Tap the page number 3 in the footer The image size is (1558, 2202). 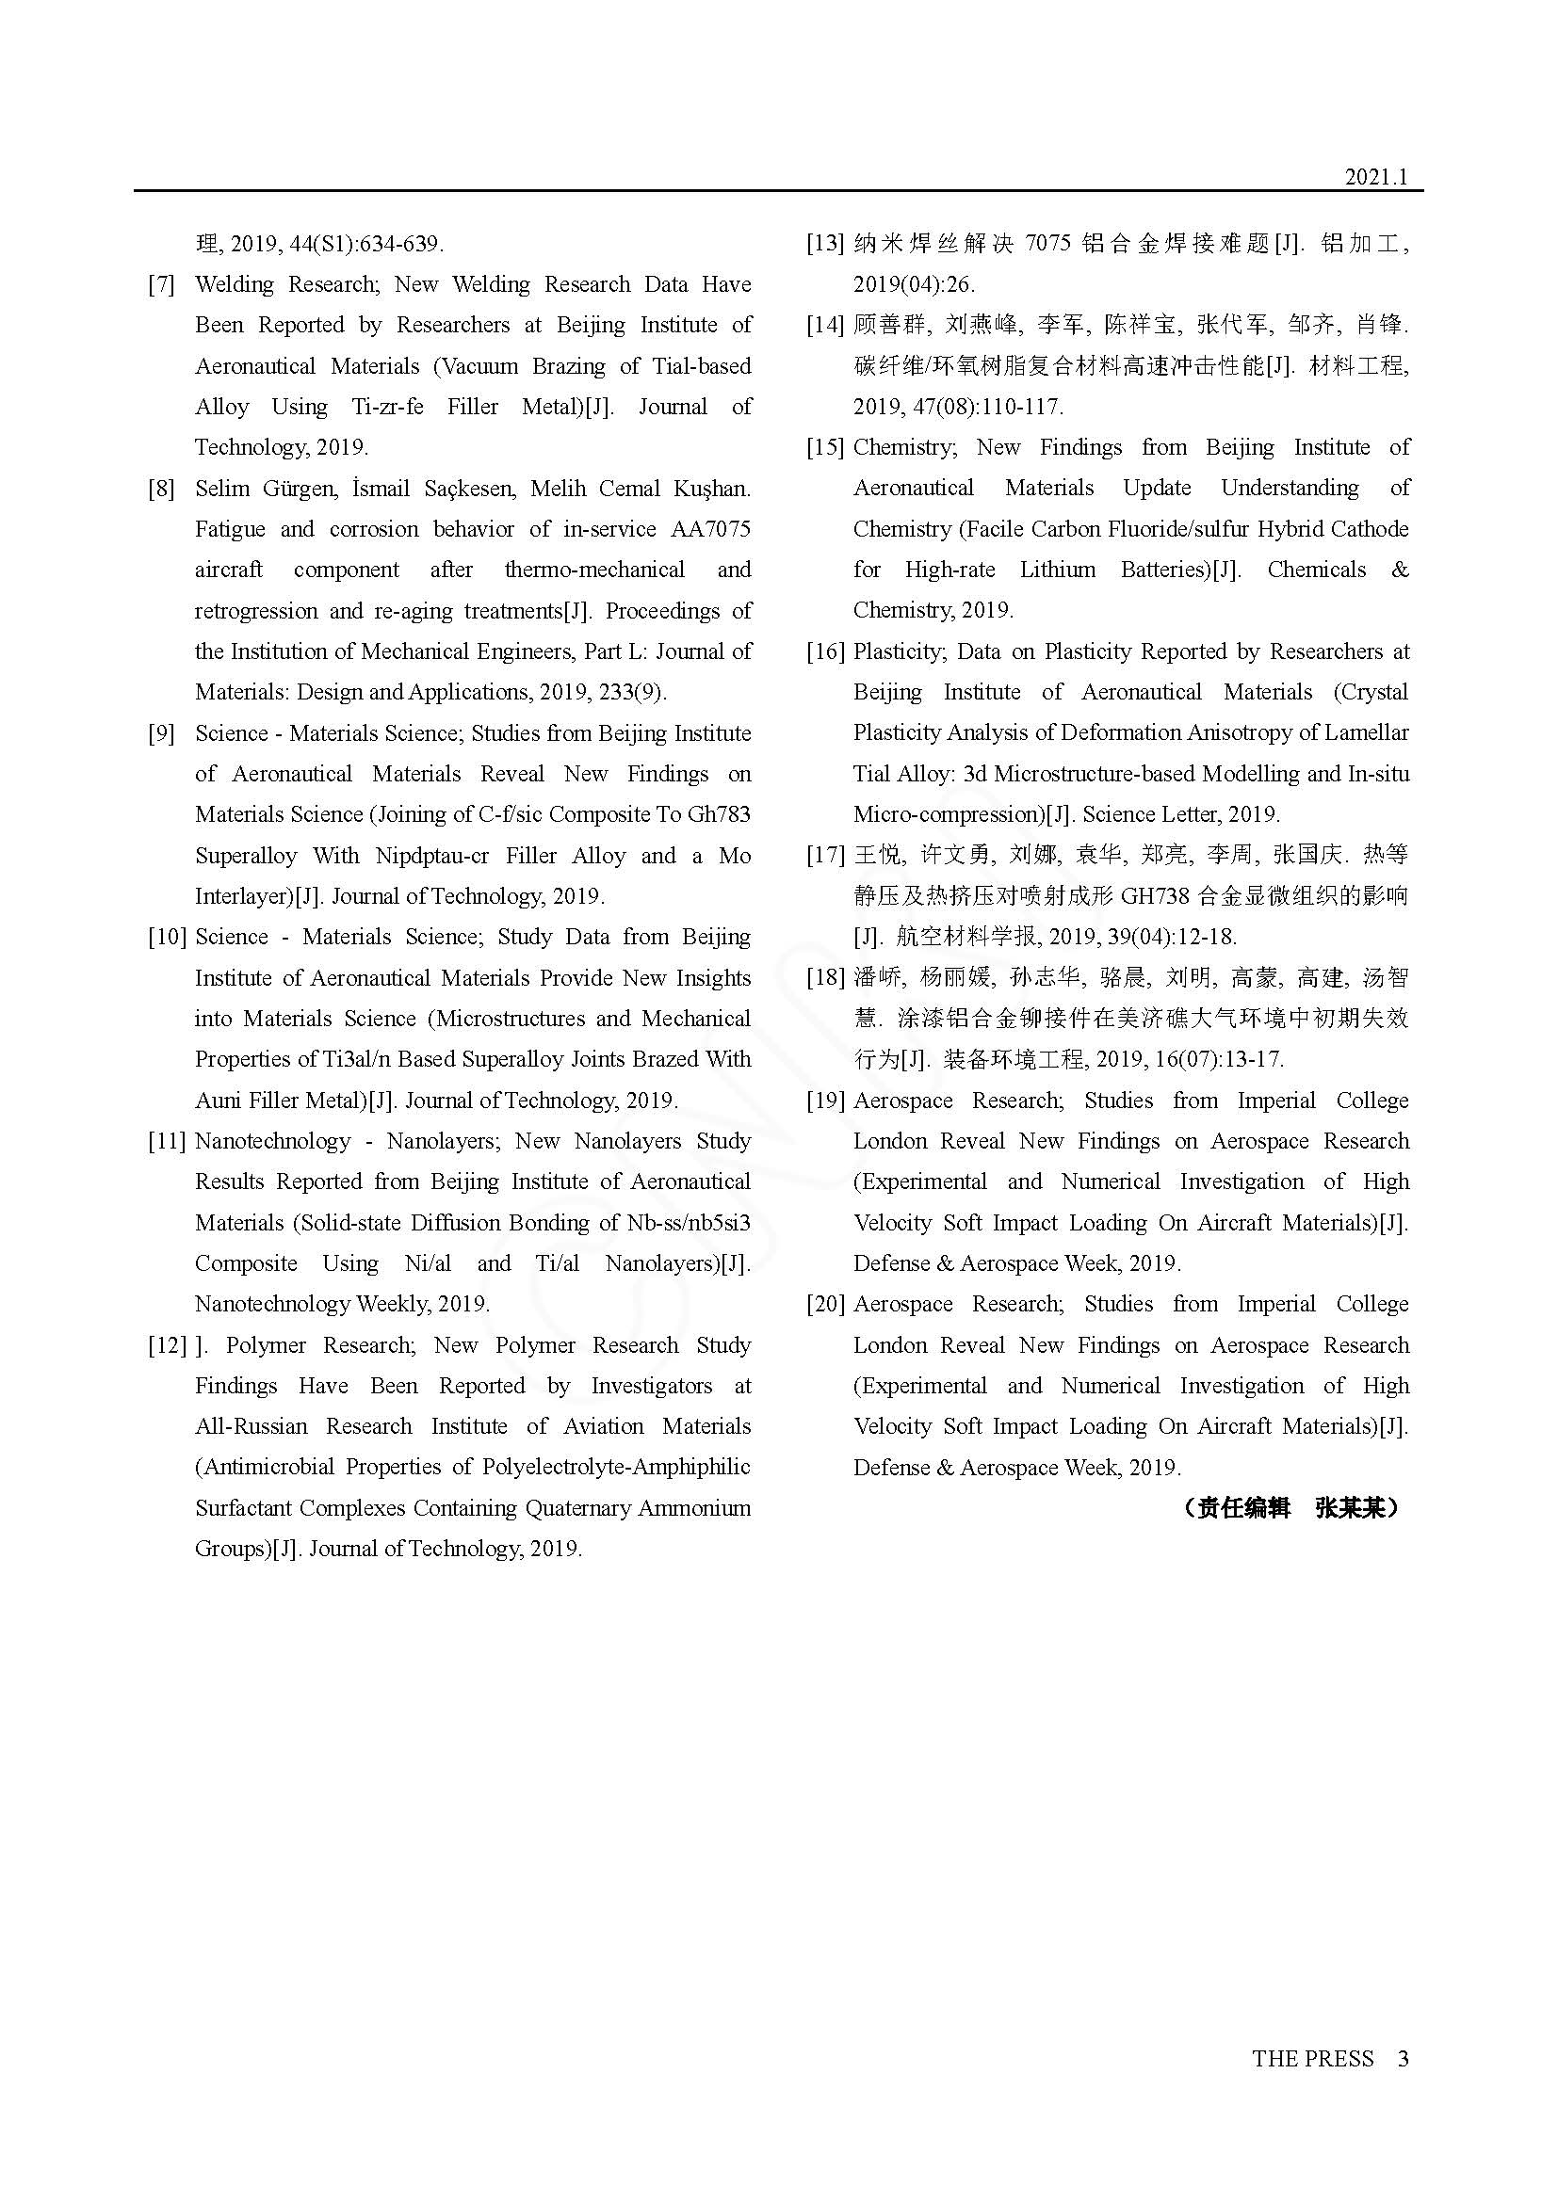(1403, 2058)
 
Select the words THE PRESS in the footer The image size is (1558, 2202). (1312, 2058)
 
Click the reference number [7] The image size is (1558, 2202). (161, 285)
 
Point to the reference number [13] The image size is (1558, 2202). (824, 244)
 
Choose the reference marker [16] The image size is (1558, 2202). (824, 652)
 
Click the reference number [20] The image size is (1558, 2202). (824, 1304)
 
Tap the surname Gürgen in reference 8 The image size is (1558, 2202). (300, 490)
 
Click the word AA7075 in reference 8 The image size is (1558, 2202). (710, 529)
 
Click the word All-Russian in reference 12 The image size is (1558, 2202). (252, 1427)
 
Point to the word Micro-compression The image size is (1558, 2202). (947, 815)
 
